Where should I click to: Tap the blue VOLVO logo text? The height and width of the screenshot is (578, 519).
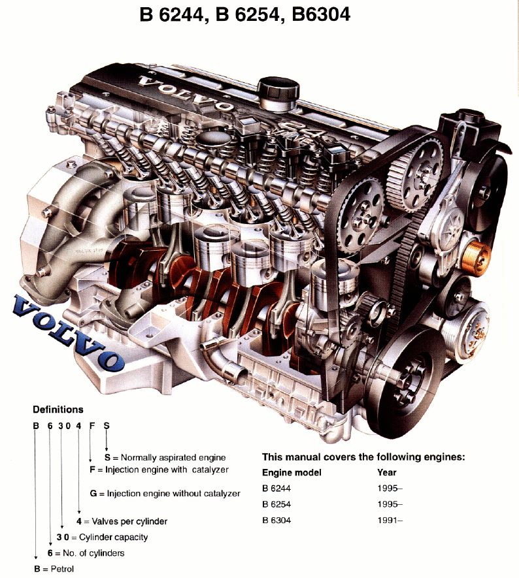(x=67, y=332)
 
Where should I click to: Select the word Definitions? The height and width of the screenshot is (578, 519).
(x=58, y=409)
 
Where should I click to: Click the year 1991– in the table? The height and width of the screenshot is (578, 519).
(x=390, y=520)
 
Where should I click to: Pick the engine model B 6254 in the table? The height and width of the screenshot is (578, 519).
(x=276, y=504)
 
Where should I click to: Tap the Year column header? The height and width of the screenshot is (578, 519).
(x=386, y=472)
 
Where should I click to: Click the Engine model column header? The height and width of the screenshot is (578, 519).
(x=292, y=473)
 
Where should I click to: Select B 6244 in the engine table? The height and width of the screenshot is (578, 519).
(x=276, y=489)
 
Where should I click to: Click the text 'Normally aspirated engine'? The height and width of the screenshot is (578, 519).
(x=173, y=457)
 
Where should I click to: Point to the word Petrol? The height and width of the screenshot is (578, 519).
(x=62, y=569)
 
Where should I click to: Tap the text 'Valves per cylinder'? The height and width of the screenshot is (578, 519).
(x=129, y=521)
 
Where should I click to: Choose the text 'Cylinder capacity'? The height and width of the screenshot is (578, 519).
(x=113, y=537)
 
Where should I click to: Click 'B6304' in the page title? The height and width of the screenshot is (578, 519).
(x=320, y=14)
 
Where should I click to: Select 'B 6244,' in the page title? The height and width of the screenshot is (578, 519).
(x=174, y=15)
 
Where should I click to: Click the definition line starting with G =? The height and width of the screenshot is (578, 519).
(x=165, y=493)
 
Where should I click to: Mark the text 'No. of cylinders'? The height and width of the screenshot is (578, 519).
(x=93, y=553)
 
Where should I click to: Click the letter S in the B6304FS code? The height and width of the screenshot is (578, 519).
(x=107, y=426)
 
